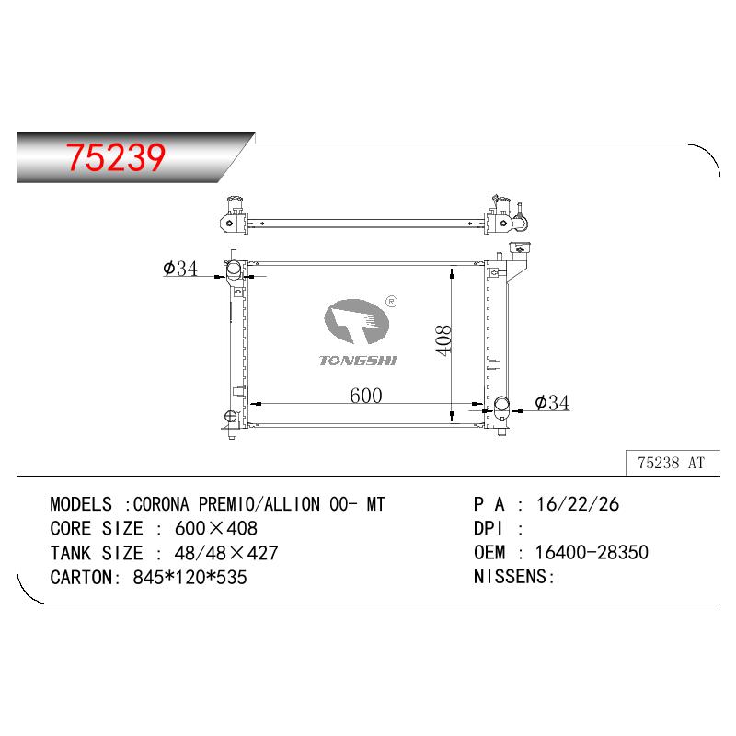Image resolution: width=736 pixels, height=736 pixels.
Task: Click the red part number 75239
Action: (x=116, y=156)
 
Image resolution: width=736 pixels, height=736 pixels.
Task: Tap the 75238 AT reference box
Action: (x=673, y=464)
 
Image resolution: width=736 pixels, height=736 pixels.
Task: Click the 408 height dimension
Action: (x=443, y=340)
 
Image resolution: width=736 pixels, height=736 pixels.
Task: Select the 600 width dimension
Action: (x=365, y=396)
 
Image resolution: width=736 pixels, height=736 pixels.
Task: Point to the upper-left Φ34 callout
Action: (x=180, y=269)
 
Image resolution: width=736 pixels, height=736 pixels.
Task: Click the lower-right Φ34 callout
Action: (x=552, y=403)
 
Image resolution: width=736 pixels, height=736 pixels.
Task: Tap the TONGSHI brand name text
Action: (x=358, y=361)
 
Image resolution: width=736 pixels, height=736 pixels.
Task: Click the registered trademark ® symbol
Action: (x=392, y=302)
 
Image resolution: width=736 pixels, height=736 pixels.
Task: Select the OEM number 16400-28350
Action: (x=592, y=553)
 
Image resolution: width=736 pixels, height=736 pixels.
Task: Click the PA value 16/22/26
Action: (x=578, y=504)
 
